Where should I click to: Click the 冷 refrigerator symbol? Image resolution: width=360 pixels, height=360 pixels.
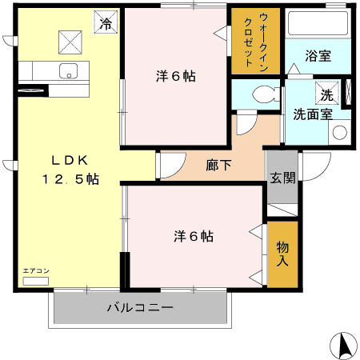tap(104, 22)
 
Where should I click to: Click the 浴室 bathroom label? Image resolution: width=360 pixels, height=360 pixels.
tap(318, 56)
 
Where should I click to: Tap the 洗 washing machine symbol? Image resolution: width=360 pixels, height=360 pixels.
tap(326, 94)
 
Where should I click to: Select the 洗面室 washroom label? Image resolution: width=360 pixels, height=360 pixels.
tap(312, 114)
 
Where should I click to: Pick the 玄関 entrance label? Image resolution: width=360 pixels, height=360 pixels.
tap(281, 177)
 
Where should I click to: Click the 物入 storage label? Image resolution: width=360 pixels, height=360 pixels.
tap(282, 254)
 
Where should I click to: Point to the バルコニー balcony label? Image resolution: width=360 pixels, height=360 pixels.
tap(139, 307)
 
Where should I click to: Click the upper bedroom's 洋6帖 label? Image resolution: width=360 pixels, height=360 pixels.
tap(175, 77)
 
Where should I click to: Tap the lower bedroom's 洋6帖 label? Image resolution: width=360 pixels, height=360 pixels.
tap(194, 237)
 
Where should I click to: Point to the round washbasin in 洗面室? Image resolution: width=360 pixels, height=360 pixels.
tap(339, 131)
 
